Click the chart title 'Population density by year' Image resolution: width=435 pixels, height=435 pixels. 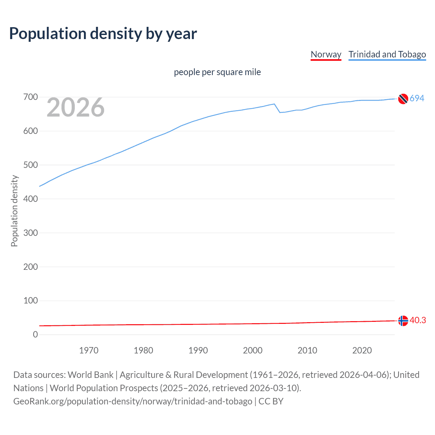coord(103,33)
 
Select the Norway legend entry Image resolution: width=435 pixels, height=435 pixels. coord(326,54)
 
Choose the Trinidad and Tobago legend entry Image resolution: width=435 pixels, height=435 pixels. coord(387,54)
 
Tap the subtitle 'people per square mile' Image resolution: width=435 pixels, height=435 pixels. coord(217,72)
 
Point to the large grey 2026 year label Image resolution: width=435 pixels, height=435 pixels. coord(75,107)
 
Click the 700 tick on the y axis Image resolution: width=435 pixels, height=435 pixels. coord(31,97)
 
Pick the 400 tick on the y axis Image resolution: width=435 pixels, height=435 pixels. coord(31,199)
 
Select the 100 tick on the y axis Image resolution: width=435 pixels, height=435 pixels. coord(31,301)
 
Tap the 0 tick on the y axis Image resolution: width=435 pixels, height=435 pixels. coord(35,335)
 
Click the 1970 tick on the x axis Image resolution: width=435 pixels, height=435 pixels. coord(89,350)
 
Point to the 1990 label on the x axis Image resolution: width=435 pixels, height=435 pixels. coord(198,350)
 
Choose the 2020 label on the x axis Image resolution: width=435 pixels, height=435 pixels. coord(362,350)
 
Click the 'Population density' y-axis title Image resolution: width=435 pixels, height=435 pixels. coord(14,211)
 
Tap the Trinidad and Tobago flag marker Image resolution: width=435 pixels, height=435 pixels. coord(403,99)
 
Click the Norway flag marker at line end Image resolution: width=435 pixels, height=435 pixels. coord(403,321)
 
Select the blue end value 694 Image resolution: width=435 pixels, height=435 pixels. coord(417,98)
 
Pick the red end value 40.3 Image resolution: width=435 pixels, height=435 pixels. coord(418,320)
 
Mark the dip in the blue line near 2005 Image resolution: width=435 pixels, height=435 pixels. coord(280,112)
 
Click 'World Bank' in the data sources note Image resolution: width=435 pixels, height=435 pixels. coord(90,375)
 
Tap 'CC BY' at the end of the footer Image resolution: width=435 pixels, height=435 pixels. coord(271,401)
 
